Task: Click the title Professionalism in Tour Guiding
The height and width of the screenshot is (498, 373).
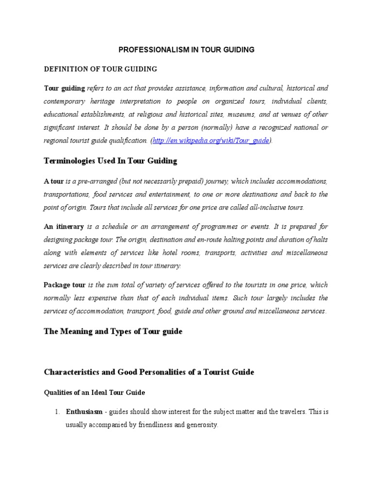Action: (x=187, y=50)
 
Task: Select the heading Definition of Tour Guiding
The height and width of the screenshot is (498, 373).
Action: (x=101, y=69)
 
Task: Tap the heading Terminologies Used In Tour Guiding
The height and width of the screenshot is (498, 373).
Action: (x=111, y=160)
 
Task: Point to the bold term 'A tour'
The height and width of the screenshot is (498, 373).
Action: (x=54, y=181)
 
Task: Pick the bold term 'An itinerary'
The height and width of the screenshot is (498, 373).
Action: (x=64, y=227)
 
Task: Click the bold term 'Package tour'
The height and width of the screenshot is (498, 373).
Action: (x=65, y=285)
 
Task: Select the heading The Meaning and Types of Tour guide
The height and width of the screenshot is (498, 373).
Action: (x=113, y=331)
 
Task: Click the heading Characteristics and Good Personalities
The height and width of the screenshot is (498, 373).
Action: (x=149, y=372)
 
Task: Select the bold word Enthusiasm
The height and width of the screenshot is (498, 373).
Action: (x=84, y=412)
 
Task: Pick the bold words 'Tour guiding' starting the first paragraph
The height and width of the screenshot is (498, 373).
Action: (x=65, y=89)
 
